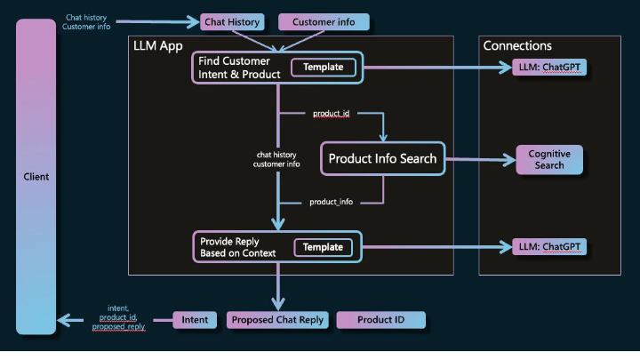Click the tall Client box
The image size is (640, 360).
(x=36, y=176)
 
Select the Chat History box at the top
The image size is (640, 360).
(x=231, y=22)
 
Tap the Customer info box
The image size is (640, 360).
(x=310, y=22)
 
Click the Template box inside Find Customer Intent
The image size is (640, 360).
(x=324, y=68)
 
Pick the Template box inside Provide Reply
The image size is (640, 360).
(x=324, y=247)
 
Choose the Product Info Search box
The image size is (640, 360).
(x=382, y=159)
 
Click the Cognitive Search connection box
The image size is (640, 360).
(x=549, y=160)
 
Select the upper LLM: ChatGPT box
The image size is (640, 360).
(x=552, y=68)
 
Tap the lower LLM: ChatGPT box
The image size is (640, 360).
(x=552, y=247)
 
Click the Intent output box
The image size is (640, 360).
(x=195, y=319)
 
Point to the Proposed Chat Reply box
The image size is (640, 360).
(x=278, y=319)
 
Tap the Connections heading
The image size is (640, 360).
(x=517, y=45)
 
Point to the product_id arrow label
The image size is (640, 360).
(x=332, y=114)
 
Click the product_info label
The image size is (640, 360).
(x=332, y=202)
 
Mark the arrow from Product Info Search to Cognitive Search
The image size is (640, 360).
(x=480, y=160)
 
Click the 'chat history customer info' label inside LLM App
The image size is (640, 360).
(x=276, y=159)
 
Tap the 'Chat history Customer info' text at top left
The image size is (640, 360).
(x=86, y=22)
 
